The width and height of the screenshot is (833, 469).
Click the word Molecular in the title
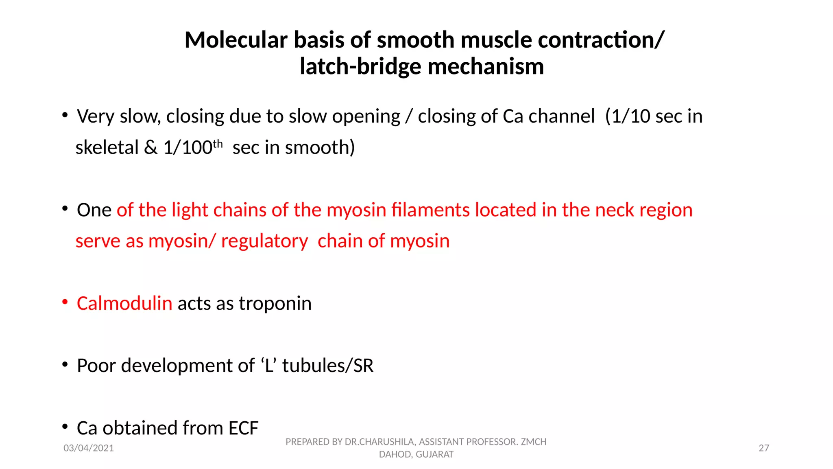236,40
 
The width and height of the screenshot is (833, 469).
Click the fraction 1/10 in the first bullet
630,116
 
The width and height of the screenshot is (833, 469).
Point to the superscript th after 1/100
218,144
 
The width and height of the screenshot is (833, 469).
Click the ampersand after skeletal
150,147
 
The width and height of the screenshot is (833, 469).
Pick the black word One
94,210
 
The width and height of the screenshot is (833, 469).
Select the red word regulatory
264,241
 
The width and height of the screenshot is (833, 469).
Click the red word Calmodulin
124,304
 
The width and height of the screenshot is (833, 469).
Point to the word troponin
275,304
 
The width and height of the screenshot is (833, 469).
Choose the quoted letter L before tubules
269,366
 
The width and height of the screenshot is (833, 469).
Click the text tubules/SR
327,366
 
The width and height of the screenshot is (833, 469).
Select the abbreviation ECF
243,428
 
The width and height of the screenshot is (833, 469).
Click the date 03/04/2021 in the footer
89,448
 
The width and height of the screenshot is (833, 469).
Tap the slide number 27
764,448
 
